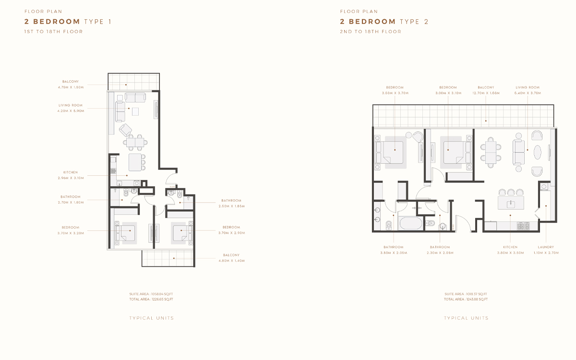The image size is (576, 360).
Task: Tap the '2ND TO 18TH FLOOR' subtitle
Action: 371,32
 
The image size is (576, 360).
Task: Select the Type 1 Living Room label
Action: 71,105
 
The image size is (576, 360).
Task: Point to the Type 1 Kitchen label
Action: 71,172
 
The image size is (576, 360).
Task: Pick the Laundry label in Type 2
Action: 546,247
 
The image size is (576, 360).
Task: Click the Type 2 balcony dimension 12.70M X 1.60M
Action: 486,93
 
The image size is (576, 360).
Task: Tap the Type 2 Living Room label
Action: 528,87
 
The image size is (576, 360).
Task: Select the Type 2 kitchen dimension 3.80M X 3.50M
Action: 510,252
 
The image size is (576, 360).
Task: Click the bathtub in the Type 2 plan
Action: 410,224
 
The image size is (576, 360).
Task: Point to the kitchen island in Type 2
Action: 511,204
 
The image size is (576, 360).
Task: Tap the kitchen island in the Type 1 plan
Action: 137,161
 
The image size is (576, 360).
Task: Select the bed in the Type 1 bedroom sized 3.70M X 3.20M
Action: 128,233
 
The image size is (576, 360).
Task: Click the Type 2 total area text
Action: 466,299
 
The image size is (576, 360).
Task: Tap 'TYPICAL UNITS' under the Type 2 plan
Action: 466,318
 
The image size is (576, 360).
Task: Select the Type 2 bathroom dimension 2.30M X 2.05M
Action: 440,252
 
